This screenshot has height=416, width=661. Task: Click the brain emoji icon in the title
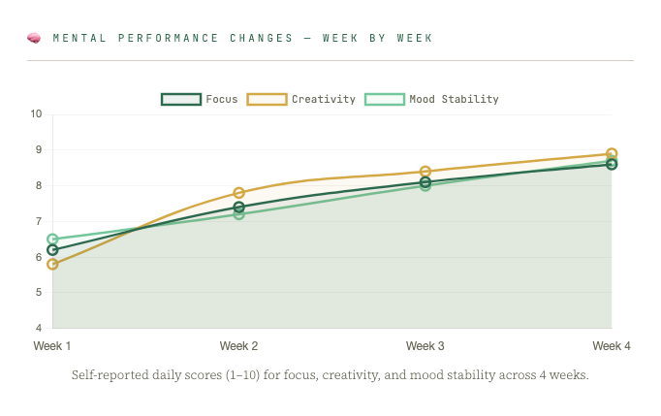(x=34, y=39)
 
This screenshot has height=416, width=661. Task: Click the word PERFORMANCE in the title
(x=168, y=38)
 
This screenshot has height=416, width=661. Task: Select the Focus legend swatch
(x=181, y=99)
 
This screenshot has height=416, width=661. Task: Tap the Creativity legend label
(x=324, y=99)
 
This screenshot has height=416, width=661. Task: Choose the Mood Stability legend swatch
(x=385, y=99)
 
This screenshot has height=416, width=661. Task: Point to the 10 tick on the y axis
(x=36, y=113)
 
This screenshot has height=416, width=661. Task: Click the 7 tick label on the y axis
(x=39, y=221)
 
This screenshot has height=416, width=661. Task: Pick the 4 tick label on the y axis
(x=39, y=328)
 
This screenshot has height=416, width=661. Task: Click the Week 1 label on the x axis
(x=52, y=346)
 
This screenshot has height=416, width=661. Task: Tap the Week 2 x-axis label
(x=238, y=346)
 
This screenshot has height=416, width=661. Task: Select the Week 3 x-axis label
(x=425, y=346)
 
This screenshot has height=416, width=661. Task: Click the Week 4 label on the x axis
(x=612, y=346)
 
